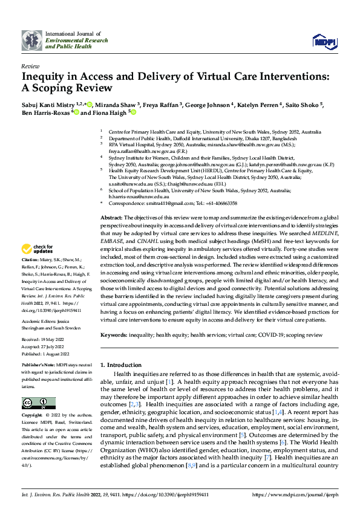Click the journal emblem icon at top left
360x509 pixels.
(x=31, y=40)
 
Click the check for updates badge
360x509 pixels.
(x=39, y=265)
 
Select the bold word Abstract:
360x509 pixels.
(x=111, y=217)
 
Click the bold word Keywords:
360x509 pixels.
(x=114, y=334)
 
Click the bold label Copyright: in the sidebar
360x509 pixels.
(x=33, y=417)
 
